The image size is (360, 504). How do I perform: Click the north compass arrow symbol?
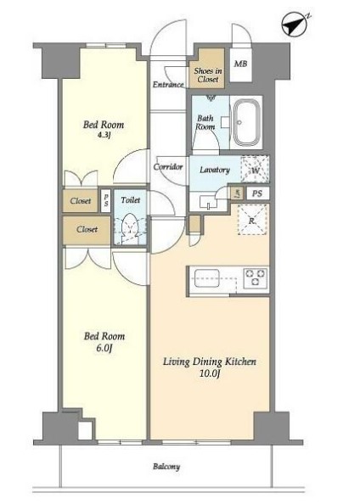pyautogui.click(x=294, y=25)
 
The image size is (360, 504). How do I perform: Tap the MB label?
pyautogui.click(x=240, y=64)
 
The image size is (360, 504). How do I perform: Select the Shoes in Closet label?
pyautogui.click(x=208, y=75)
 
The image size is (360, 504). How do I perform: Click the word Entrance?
pyautogui.click(x=168, y=85)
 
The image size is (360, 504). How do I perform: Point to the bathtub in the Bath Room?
pyautogui.click(x=246, y=122)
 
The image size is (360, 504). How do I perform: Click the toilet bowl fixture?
pyautogui.click(x=130, y=227)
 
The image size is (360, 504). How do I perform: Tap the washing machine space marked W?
pyautogui.click(x=255, y=170)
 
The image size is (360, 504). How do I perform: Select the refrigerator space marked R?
pyautogui.click(x=252, y=220)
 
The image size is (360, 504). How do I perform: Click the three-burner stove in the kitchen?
pyautogui.click(x=256, y=277)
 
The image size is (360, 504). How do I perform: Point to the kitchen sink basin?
pyautogui.click(x=207, y=277)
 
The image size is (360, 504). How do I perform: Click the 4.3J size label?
pyautogui.click(x=104, y=135)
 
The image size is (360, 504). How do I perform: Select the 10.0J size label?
pyautogui.click(x=209, y=373)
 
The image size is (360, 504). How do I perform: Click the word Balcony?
pyautogui.click(x=166, y=467)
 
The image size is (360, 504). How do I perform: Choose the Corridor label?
pyautogui.click(x=168, y=167)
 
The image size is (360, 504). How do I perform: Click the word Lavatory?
pyautogui.click(x=215, y=170)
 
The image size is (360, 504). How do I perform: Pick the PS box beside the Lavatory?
pyautogui.click(x=257, y=193)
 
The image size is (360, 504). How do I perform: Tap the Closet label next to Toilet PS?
pyautogui.click(x=80, y=201)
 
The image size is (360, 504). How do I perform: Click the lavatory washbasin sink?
pyautogui.click(x=209, y=202)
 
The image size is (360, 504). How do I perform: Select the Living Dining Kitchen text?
pyautogui.click(x=210, y=361)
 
